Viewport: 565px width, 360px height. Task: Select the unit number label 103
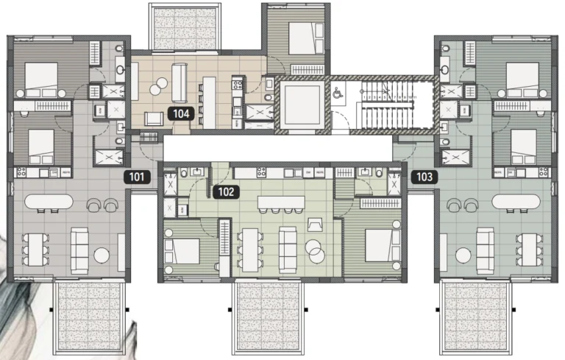pos(424,177)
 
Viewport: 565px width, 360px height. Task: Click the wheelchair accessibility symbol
pos(338,93)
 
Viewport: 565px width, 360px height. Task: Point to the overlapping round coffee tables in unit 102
pos(317,250)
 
